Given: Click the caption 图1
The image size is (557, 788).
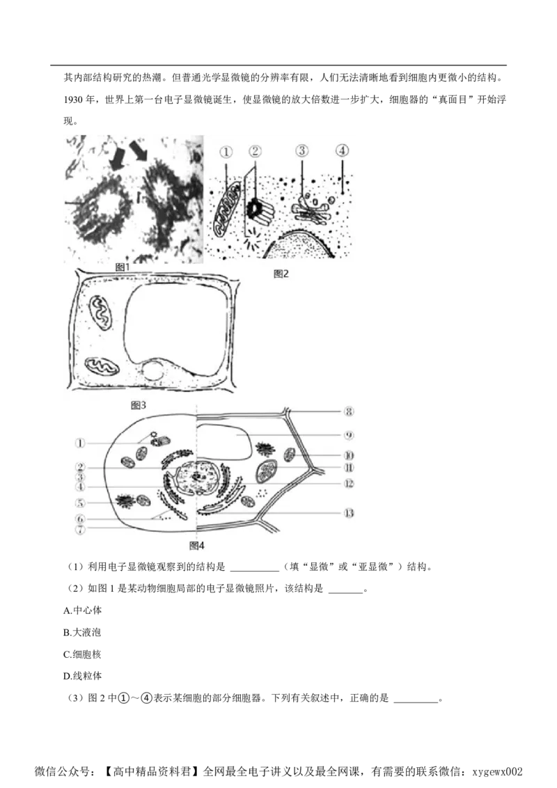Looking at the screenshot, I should [123, 267].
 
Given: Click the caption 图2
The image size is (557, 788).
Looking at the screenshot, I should [281, 274].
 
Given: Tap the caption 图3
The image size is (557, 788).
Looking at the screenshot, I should [138, 404].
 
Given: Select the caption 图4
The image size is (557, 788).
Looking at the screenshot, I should [197, 546].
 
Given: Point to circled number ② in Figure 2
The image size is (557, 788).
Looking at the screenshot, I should [255, 151].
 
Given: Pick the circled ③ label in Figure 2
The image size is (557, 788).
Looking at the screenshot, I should [301, 150].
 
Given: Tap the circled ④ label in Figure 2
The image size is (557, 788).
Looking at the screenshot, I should [341, 150].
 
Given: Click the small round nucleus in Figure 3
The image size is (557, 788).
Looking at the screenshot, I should [152, 371].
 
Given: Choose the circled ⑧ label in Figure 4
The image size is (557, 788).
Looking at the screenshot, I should [350, 412].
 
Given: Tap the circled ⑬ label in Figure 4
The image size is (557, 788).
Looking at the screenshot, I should [350, 514].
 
